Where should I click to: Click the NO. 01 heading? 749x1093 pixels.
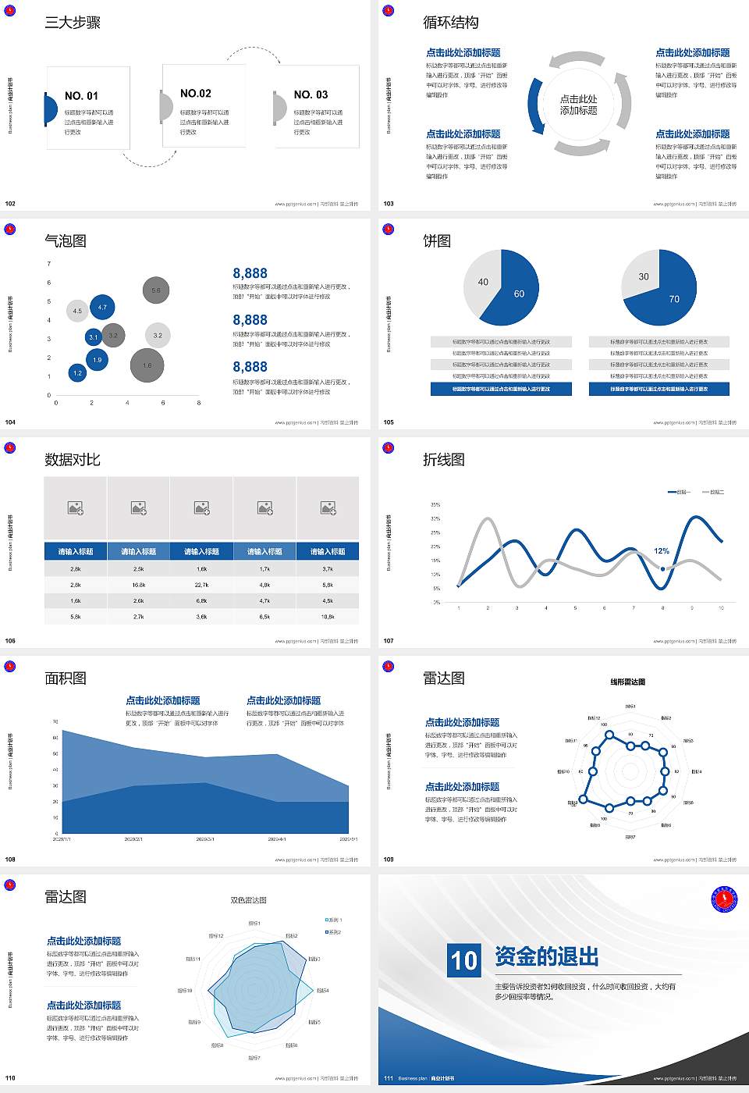pos(81,96)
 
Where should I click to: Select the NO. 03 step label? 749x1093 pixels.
pos(311,94)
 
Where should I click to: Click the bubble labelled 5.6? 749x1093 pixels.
pos(156,290)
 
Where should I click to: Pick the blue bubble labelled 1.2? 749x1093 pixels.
pos(77,373)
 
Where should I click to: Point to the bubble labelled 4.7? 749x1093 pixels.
pos(102,308)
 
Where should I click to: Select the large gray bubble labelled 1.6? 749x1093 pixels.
pos(147,365)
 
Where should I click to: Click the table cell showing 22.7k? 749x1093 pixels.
pos(201,585)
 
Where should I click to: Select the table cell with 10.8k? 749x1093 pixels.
pos(328,617)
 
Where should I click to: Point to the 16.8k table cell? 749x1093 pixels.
pos(138,585)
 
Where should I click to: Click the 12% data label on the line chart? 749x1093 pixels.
pos(662,551)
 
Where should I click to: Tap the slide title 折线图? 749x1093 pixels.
pos(443,460)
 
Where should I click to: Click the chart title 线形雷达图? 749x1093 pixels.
pos(627,682)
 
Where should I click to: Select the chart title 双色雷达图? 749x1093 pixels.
pos(248,900)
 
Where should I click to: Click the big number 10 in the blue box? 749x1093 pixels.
pos(464,959)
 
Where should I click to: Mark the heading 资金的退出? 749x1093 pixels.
pos(546,956)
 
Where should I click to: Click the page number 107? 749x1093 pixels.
pos(389,641)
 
